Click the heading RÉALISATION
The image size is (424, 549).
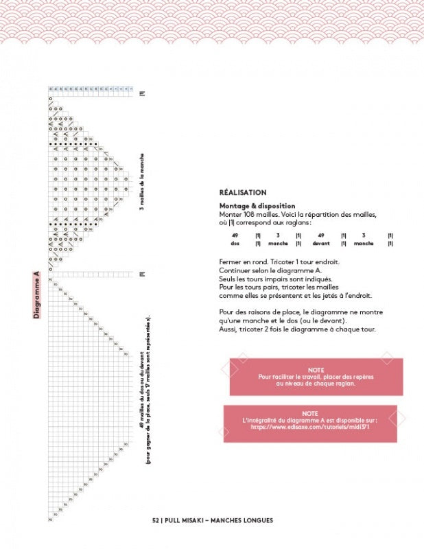(243, 193)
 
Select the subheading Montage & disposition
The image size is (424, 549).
(257, 205)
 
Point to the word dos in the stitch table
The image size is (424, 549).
(235, 243)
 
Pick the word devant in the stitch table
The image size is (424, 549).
(321, 243)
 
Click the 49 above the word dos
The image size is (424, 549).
(235, 235)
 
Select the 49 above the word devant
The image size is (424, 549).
(321, 235)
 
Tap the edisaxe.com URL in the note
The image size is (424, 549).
(310, 426)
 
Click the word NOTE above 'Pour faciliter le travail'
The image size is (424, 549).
(316, 369)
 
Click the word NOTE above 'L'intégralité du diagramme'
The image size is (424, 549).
(310, 413)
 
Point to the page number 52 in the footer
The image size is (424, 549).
(156, 520)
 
